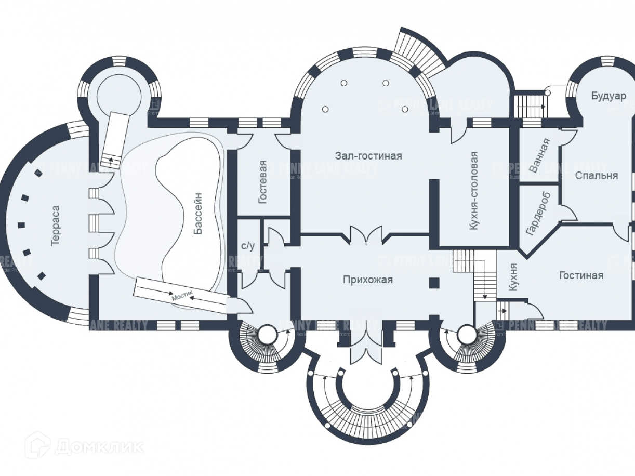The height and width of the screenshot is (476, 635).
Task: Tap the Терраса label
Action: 56,226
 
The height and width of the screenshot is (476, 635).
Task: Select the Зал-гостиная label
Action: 368,155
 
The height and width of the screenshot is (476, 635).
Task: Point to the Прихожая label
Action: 367,280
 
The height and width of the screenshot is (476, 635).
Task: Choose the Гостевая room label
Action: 263,182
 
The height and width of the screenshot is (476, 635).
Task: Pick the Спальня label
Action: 597,175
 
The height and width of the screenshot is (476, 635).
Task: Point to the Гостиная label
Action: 581,275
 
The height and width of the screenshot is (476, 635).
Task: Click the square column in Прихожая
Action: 434,283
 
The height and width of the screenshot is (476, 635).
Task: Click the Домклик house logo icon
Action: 37,445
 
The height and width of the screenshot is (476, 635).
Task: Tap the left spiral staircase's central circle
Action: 266,335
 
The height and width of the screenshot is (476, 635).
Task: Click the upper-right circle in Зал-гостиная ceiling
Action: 385,83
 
